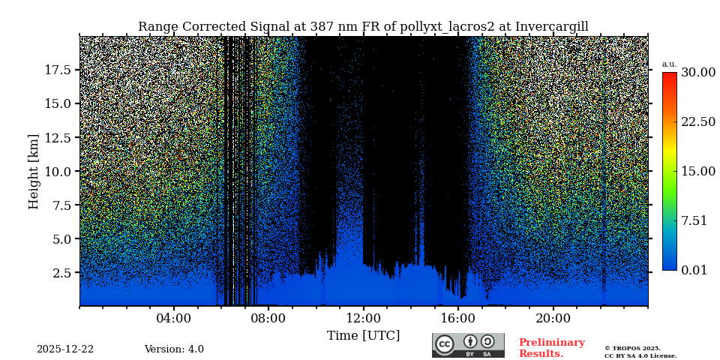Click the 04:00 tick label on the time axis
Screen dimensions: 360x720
[174, 319]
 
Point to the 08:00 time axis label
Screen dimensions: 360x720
[268, 319]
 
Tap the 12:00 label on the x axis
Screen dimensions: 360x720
[364, 319]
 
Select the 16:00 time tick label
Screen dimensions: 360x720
[458, 319]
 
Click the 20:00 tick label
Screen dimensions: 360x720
[553, 319]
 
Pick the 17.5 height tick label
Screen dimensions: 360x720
[58, 70]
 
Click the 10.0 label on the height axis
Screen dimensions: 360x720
[58, 171]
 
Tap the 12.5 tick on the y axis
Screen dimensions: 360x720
[58, 137]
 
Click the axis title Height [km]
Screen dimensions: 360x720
[34, 171]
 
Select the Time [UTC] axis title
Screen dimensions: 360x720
[363, 336]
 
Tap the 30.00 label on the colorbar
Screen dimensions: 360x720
[697, 73]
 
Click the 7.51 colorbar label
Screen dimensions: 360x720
[694, 220]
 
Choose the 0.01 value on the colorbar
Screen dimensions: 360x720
[694, 270]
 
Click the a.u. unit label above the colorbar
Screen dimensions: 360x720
[669, 64]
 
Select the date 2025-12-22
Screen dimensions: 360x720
[65, 349]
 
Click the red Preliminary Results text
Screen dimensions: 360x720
[551, 348]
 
